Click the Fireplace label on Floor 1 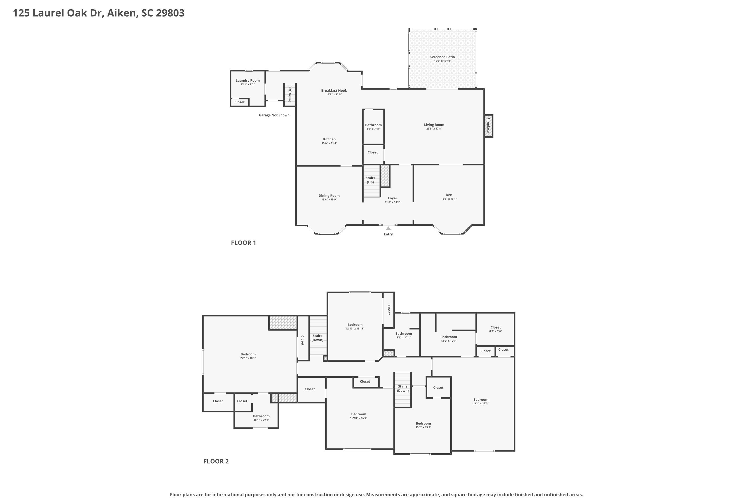pos(488,125)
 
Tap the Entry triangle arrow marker pos(388,228)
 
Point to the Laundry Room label pos(247,81)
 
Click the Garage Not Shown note pos(274,115)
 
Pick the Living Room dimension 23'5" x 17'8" pos(434,129)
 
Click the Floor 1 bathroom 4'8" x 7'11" pos(373,127)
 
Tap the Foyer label pos(393,198)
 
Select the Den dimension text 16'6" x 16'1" pos(449,199)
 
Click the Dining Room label pos(329,196)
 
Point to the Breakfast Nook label pos(334,91)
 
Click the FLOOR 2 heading pos(216,461)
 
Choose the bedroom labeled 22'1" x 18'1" pos(248,356)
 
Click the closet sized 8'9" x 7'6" pos(495,329)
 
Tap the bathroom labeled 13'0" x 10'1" pos(449,339)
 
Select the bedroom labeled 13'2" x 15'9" pos(423,425)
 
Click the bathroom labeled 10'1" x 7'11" pos(261,418)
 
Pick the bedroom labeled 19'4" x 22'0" pos(481,401)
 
